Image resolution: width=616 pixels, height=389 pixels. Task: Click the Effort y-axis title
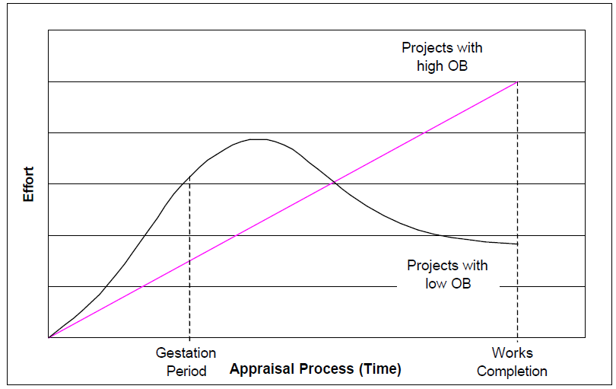click(29, 183)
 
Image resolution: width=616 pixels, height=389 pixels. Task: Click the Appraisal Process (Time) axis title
click(315, 369)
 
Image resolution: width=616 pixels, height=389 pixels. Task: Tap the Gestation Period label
click(186, 362)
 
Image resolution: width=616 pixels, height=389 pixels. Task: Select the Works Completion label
click(512, 362)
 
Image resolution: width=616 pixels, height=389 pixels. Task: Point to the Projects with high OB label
click(442, 57)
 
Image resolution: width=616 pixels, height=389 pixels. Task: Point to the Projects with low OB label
click(447, 274)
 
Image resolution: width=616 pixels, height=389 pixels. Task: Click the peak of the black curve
click(259, 139)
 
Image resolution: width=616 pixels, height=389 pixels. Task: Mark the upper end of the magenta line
click(517, 81)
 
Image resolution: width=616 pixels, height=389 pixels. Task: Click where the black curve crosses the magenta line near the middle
click(332, 183)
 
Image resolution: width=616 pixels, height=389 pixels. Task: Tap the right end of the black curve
click(517, 244)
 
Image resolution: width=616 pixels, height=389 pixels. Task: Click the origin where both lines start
click(49, 337)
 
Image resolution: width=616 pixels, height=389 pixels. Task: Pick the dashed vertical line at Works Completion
click(517, 213)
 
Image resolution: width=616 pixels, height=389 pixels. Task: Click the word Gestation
click(186, 353)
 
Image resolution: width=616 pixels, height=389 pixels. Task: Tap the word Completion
click(512, 371)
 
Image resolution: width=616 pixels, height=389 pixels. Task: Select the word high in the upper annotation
click(431, 66)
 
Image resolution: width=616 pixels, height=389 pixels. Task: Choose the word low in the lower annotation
click(437, 283)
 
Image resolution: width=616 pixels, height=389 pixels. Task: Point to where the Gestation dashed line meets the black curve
click(189, 177)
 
